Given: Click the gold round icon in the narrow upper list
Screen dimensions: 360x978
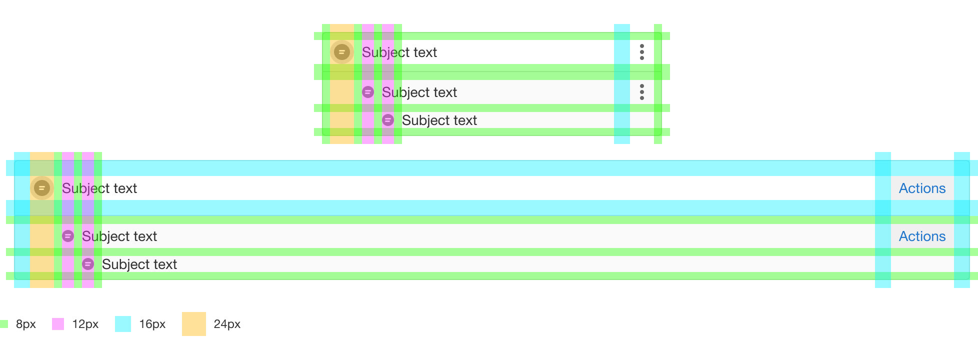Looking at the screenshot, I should (342, 52).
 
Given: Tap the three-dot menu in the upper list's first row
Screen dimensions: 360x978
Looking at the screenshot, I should (642, 52).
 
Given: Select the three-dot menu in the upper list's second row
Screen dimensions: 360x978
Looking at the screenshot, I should (642, 92).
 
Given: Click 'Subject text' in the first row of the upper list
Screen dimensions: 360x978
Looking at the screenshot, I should (399, 52).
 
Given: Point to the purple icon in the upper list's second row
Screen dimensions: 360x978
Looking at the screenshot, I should (368, 92).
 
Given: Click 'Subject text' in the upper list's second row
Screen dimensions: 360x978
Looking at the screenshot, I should (419, 92).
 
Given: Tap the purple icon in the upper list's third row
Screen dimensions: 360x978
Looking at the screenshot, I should (388, 120).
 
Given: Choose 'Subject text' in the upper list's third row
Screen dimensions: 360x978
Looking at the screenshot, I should (439, 120).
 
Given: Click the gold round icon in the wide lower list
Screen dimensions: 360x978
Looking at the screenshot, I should (42, 188).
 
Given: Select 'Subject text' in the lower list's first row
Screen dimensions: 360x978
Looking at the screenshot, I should (99, 188).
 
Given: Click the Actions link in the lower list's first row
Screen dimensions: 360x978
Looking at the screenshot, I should (922, 188).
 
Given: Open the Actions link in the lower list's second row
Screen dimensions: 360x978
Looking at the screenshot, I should (922, 236).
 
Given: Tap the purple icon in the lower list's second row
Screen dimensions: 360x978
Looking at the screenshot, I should (68, 236).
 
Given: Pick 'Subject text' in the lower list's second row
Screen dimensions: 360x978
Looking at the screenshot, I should (119, 236).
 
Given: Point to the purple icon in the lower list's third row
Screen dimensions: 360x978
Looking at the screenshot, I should (88, 264).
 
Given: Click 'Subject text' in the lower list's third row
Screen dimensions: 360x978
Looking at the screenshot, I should (139, 264).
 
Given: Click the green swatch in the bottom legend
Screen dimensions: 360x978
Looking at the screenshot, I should (8, 324).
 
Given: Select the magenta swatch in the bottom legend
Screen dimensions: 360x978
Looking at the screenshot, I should (62, 324).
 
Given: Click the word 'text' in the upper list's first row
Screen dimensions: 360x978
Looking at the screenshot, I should (425, 52).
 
